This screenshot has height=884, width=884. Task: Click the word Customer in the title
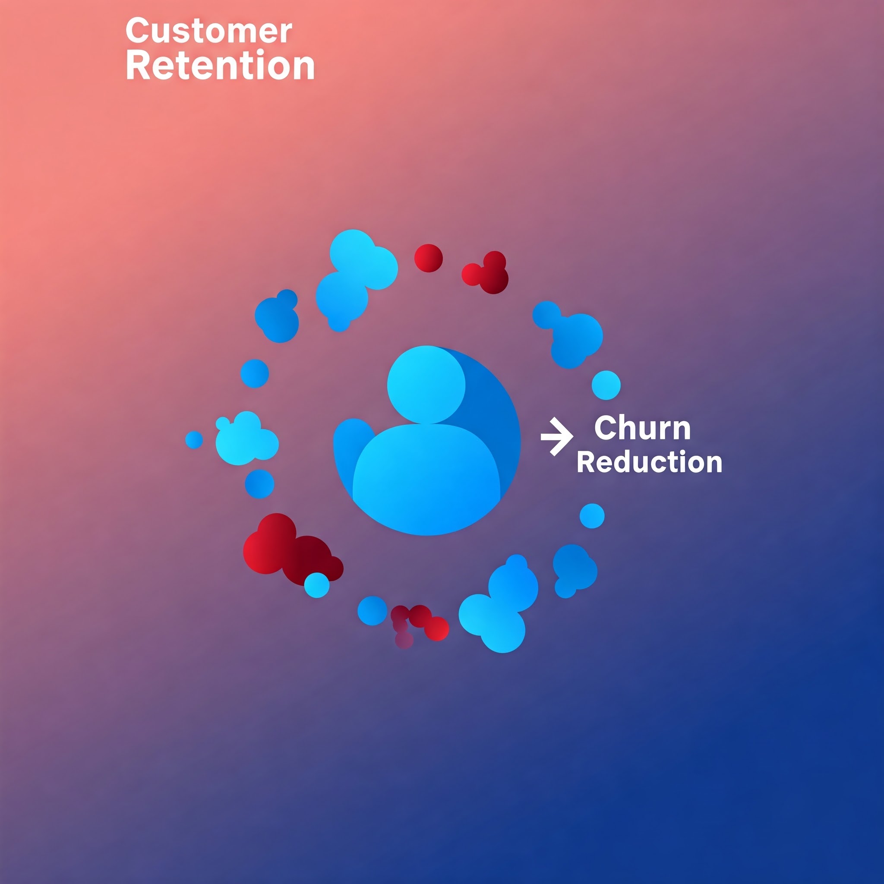click(x=208, y=31)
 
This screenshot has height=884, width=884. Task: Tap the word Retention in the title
click(x=220, y=66)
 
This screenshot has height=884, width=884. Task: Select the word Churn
click(x=642, y=428)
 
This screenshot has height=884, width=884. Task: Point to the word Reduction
click(x=649, y=462)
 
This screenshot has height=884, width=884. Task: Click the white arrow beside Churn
click(x=556, y=436)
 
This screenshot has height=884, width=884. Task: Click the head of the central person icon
click(x=426, y=384)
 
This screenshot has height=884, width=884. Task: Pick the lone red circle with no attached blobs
click(x=428, y=258)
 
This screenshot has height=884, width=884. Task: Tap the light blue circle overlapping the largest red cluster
click(x=317, y=585)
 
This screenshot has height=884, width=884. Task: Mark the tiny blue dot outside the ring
click(x=194, y=440)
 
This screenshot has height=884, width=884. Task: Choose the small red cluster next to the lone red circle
click(x=487, y=273)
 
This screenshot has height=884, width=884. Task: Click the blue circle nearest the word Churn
click(x=606, y=385)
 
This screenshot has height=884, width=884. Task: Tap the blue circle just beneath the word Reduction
click(x=592, y=516)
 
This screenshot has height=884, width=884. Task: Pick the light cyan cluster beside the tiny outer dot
click(x=246, y=439)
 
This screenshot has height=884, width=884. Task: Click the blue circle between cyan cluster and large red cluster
click(x=259, y=483)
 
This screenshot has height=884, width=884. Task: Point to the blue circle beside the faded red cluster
click(x=372, y=610)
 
